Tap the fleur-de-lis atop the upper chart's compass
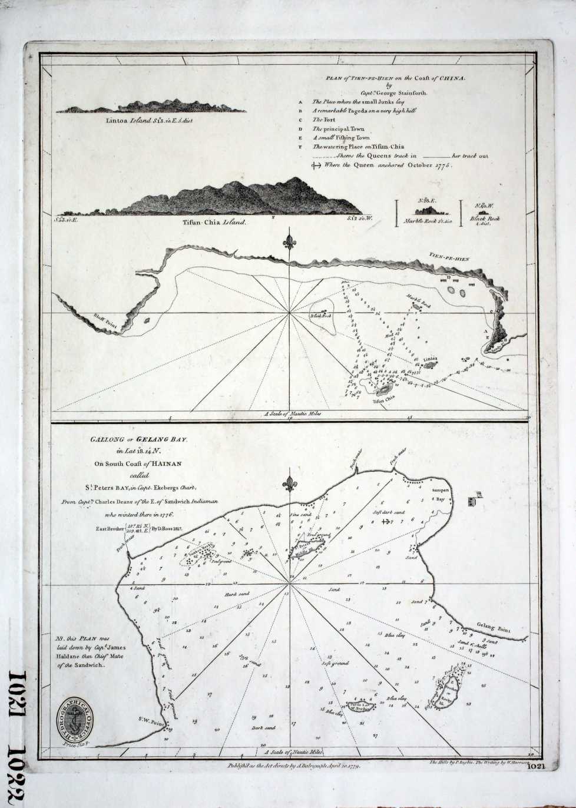289,241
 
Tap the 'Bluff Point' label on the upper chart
101,320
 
